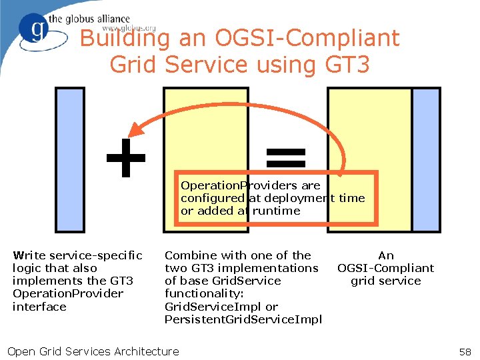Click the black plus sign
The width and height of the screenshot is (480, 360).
pyautogui.click(x=126, y=159)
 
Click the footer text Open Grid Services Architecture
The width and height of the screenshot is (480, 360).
pyautogui.click(x=93, y=351)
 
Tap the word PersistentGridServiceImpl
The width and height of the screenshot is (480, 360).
pyautogui.click(x=243, y=319)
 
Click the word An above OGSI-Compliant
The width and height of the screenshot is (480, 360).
pyautogui.click(x=386, y=255)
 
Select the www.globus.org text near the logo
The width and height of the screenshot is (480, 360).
pyautogui.click(x=129, y=29)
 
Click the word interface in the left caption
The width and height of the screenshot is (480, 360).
pyautogui.click(x=39, y=307)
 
